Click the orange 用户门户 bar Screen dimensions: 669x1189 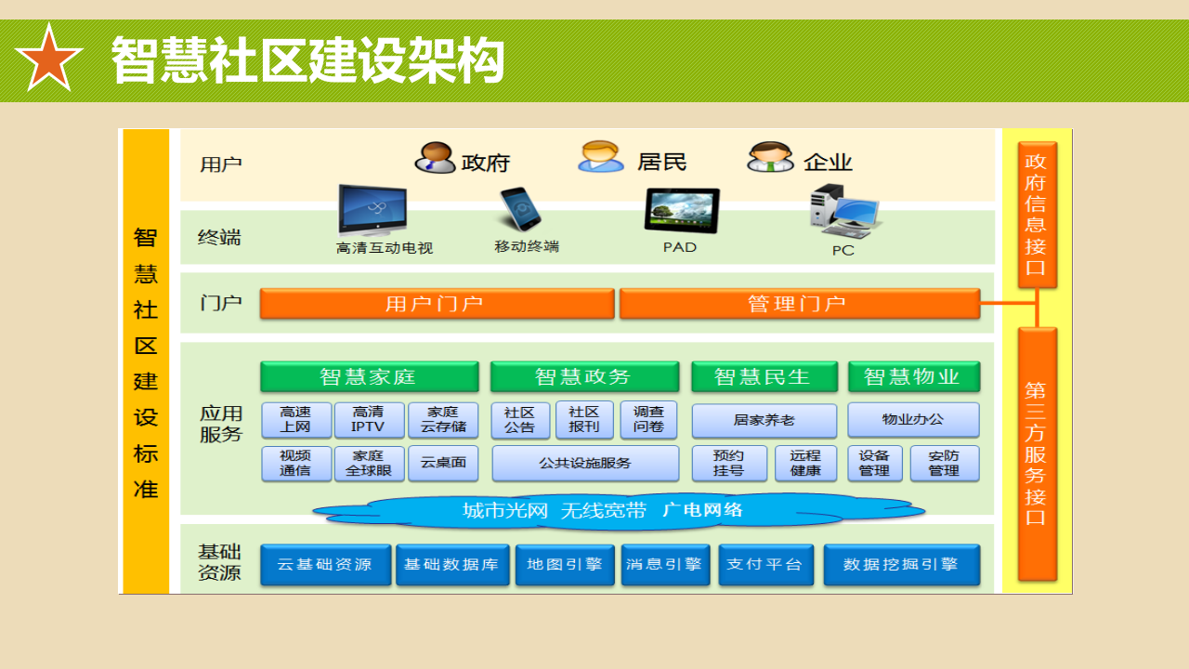437,304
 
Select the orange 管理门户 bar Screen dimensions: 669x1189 799,304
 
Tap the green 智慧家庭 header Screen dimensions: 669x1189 369,376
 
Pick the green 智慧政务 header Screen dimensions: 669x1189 584,376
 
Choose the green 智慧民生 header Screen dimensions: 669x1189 763,376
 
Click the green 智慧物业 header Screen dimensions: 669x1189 913,376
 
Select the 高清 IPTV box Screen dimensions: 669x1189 369,420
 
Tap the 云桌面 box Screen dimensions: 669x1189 443,463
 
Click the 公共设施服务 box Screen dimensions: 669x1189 585,463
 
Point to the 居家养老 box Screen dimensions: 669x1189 764,420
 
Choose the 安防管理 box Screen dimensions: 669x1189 944,463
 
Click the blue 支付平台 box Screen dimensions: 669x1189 765,565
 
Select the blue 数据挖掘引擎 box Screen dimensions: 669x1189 901,565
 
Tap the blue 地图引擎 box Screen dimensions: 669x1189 565,565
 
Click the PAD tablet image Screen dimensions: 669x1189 681,211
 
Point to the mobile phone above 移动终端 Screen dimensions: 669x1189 520,209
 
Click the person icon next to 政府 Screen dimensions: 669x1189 434,158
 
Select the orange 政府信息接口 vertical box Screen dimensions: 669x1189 1037,215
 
